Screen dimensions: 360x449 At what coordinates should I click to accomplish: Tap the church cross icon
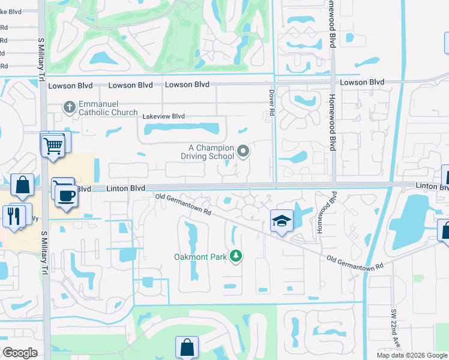[70, 107]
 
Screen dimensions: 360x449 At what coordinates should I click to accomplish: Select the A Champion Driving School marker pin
[243, 152]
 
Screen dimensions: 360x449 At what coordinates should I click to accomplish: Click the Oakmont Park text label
[199, 257]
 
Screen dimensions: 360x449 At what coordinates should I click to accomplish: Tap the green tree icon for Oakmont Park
[237, 257]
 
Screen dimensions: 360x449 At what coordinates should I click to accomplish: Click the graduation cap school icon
[282, 222]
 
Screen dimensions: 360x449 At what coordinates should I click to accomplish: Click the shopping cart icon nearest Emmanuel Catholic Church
[53, 144]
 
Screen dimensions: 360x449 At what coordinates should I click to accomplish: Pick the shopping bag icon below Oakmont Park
[187, 347]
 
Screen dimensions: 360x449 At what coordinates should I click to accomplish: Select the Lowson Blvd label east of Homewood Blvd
[362, 82]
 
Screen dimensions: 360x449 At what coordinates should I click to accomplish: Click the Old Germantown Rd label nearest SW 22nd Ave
[355, 262]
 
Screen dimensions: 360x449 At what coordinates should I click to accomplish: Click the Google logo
[20, 353]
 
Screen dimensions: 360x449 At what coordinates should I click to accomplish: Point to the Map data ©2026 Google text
[412, 355]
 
